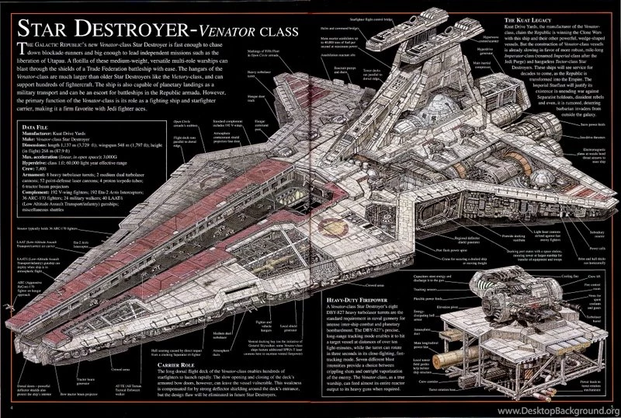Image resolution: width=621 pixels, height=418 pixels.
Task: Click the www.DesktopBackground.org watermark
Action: (x=556, y=409)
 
